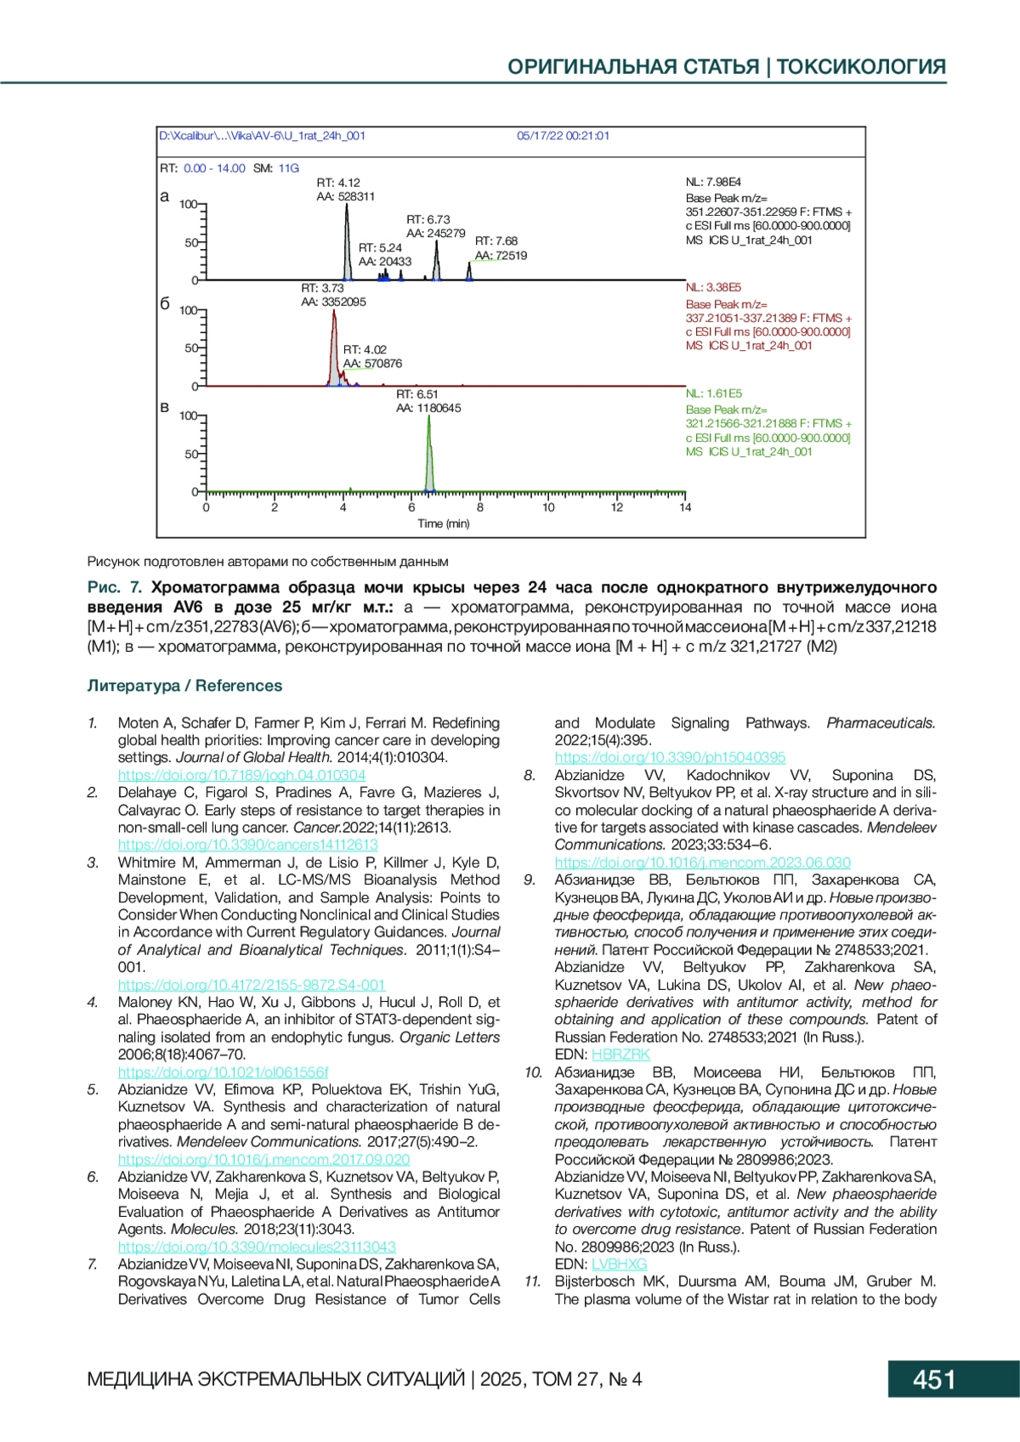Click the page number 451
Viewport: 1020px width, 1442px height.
click(x=934, y=1378)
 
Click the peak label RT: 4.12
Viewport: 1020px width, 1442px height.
click(x=338, y=183)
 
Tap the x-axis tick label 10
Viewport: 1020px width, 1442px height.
click(x=548, y=507)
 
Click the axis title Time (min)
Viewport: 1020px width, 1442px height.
click(x=443, y=523)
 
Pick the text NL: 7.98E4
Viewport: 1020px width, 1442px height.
click(x=713, y=183)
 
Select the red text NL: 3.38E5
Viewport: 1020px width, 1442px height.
click(x=713, y=288)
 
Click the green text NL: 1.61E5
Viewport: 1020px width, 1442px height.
click(x=713, y=393)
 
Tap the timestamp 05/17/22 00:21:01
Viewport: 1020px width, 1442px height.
click(x=563, y=136)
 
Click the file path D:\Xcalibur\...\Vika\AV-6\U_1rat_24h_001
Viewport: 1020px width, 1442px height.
click(x=262, y=136)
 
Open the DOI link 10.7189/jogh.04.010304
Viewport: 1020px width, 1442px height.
click(x=241, y=775)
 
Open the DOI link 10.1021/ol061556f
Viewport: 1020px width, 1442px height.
click(x=223, y=1072)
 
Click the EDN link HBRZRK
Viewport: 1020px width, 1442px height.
click(x=620, y=1055)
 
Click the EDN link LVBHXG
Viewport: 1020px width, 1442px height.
click(x=619, y=1264)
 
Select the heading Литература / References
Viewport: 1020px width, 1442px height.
click(x=184, y=686)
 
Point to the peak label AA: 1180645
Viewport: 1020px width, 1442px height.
click(x=428, y=409)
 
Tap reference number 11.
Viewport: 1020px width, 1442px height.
click(x=532, y=1281)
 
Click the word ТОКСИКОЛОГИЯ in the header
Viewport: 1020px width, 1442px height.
click(x=861, y=67)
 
